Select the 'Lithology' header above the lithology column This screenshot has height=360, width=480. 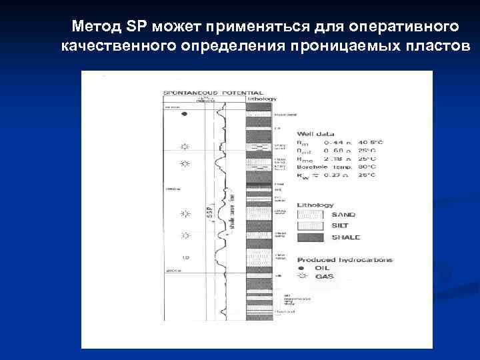pyautogui.click(x=262, y=99)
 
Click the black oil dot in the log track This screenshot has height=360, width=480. pyautogui.click(x=185, y=114)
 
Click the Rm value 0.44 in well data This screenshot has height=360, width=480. pyautogui.click(x=336, y=142)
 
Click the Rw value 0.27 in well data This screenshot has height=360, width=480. pyautogui.click(x=336, y=175)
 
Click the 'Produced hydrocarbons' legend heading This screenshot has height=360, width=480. pyautogui.click(x=345, y=259)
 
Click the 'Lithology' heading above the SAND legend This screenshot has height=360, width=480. pyautogui.click(x=315, y=205)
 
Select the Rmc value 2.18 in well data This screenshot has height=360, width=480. pyautogui.click(x=336, y=159)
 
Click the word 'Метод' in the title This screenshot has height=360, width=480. pyautogui.click(x=96, y=27)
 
